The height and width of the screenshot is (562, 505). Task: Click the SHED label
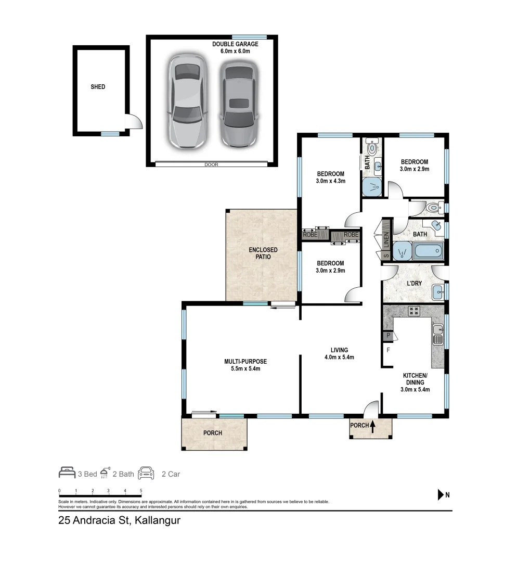coord(98,87)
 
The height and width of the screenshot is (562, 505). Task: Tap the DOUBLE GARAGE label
coord(235,44)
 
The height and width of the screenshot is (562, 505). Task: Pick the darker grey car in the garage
coord(239,104)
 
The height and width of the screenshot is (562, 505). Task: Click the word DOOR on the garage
coord(211,164)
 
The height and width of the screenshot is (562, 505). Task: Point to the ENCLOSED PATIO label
coord(263,253)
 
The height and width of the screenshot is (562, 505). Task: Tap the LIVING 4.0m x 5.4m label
coord(339,353)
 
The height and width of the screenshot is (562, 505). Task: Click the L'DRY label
coord(415,283)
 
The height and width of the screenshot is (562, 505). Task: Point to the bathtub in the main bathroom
coord(428,251)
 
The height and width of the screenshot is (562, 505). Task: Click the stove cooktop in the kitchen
coord(413,311)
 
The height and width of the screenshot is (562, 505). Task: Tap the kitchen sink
coord(438,334)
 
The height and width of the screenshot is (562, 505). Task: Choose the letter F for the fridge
coord(388,350)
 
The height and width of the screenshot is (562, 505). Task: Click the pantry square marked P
coord(388,336)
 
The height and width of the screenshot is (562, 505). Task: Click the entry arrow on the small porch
coord(372,426)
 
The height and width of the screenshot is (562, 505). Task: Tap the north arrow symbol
coord(441,495)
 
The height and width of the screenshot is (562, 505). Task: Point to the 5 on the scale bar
coord(141,491)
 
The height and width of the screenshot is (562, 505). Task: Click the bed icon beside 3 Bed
coord(67,472)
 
